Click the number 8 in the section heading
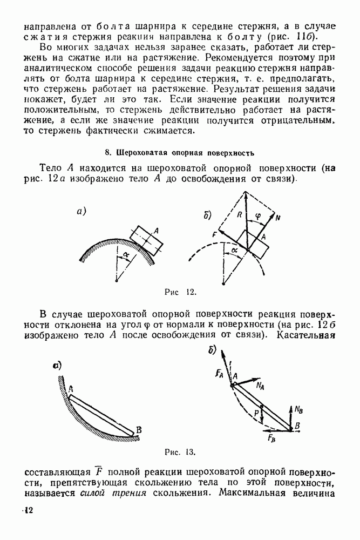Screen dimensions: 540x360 coord(106,153)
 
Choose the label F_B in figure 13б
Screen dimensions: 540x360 coord(271,437)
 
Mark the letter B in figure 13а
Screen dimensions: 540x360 coord(139,429)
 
